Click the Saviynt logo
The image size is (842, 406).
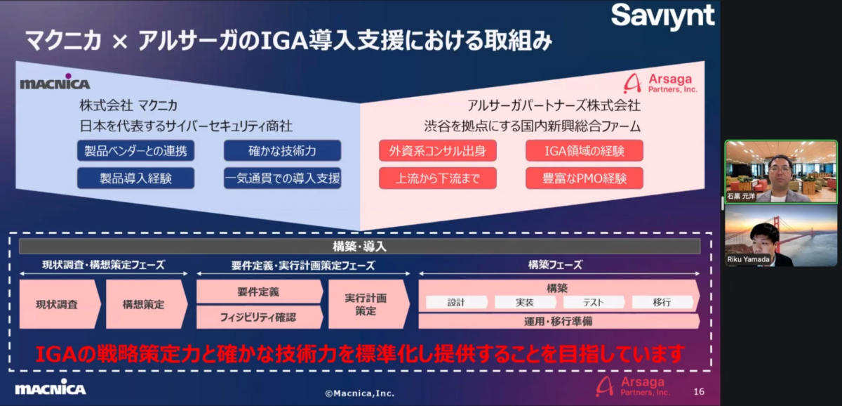tap(662, 15)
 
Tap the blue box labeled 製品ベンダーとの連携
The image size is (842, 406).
tap(126, 150)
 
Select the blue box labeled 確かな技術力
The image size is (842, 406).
tap(282, 150)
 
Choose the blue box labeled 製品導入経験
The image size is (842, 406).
tap(126, 178)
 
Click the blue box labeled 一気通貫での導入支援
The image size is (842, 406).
tap(282, 178)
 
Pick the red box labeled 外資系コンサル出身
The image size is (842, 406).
tap(438, 150)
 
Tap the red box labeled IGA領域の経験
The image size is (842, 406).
tap(584, 150)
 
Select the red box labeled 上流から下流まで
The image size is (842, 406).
tap(438, 178)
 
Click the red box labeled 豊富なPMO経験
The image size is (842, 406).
tap(584, 178)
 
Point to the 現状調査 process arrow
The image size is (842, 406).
tap(58, 305)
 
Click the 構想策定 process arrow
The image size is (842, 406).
tap(145, 305)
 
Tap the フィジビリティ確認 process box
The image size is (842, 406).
tap(258, 317)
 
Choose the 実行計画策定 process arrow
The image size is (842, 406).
tap(366, 304)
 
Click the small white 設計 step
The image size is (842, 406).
tap(456, 302)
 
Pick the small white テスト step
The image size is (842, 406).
tap(594, 302)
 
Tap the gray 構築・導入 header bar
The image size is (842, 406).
tap(359, 247)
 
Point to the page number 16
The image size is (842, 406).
tap(699, 391)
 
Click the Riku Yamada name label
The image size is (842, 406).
tap(749, 259)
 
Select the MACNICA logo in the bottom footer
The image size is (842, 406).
tap(51, 388)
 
